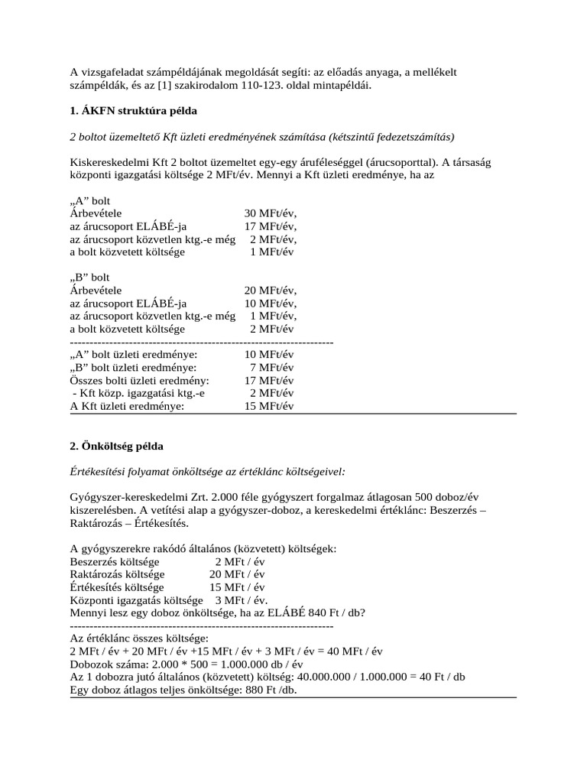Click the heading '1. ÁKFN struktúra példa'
tap(133, 111)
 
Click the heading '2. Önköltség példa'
tap(116, 445)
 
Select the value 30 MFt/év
tap(270, 213)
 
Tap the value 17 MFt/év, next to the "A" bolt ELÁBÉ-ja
tap(270, 226)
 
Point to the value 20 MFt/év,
tap(270, 291)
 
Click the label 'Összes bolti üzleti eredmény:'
tap(139, 381)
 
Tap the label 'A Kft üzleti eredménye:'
tap(127, 406)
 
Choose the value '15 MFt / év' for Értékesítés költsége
tap(238, 587)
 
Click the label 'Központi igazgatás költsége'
tap(136, 600)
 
